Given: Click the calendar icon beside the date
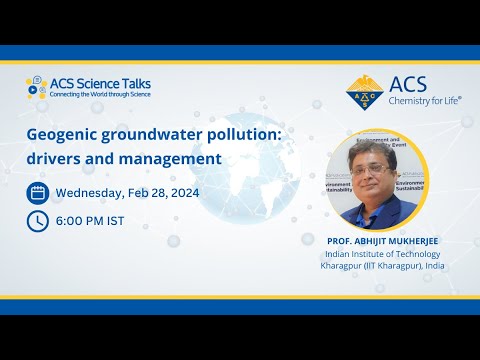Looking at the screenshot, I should pyautogui.click(x=37, y=192).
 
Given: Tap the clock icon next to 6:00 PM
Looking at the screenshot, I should pyautogui.click(x=37, y=220).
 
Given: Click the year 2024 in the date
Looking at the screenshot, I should pyautogui.click(x=188, y=192).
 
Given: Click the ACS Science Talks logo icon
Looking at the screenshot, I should pyautogui.click(x=37, y=86).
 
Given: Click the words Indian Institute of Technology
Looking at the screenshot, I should pyautogui.click(x=384, y=255).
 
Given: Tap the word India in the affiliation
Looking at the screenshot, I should pyautogui.click(x=434, y=267).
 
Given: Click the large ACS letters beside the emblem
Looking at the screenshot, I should pyautogui.click(x=410, y=82).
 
